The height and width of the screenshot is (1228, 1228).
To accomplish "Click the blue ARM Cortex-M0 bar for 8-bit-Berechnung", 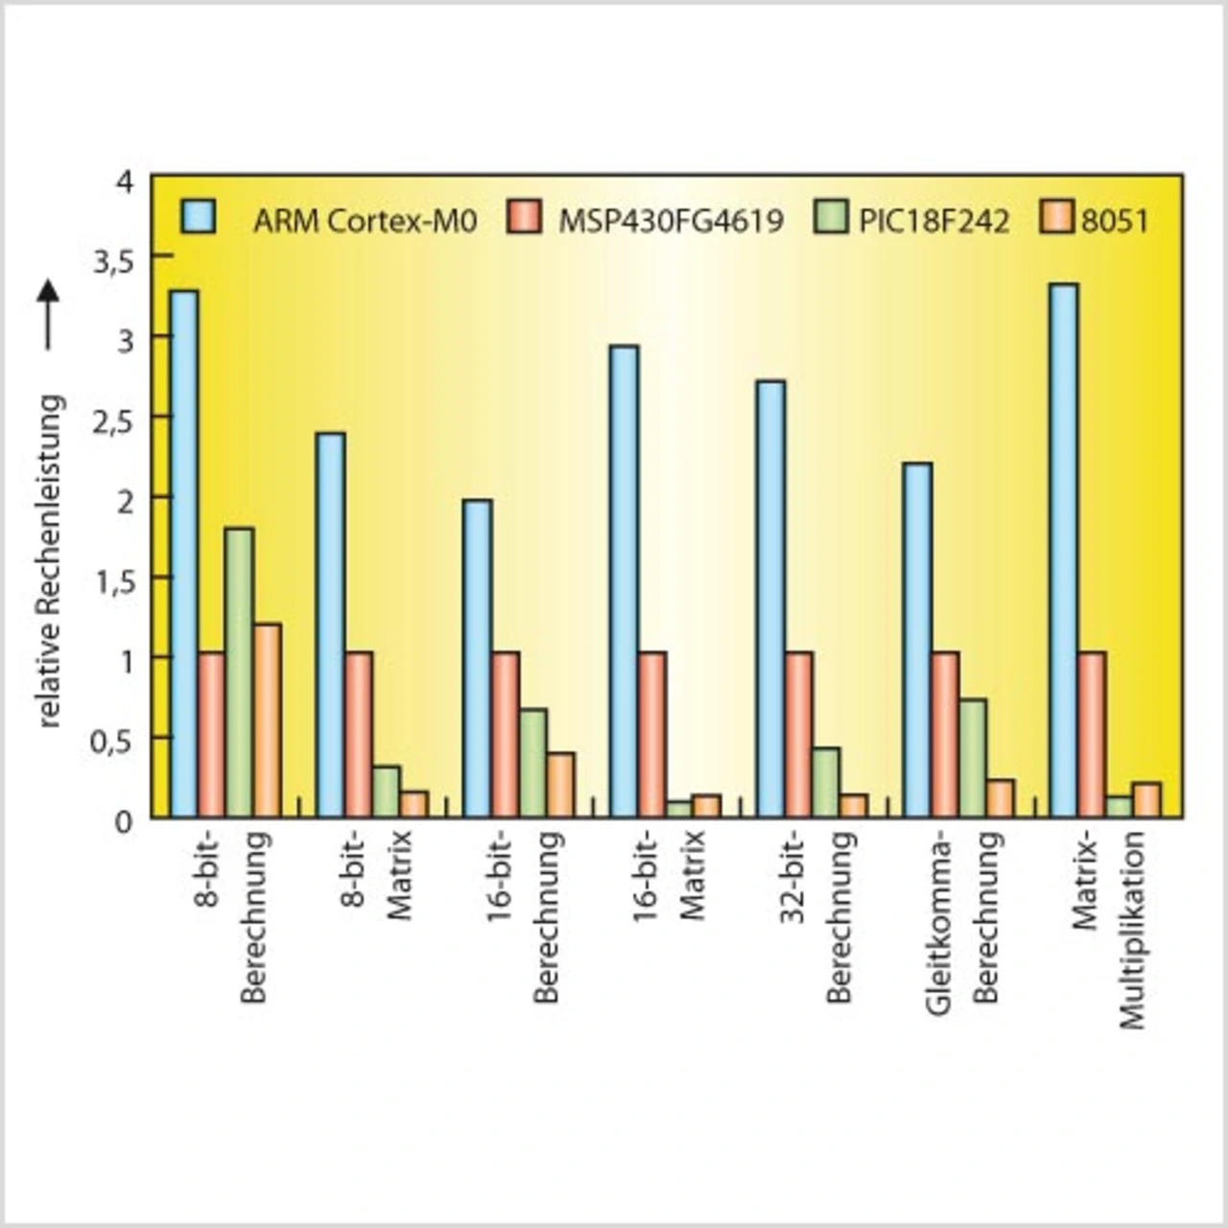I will [x=184, y=554].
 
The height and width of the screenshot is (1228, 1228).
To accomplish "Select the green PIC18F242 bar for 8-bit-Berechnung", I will [x=239, y=673].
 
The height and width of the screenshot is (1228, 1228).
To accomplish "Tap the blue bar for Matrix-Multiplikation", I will [x=1063, y=551].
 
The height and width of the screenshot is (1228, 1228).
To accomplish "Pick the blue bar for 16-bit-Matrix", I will [x=624, y=581].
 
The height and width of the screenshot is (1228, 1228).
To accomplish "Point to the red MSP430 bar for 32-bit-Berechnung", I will [x=798, y=735].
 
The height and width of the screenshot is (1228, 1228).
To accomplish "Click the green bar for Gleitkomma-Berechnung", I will [x=973, y=758].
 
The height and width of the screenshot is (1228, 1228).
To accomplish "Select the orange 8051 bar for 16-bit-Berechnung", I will [x=561, y=785].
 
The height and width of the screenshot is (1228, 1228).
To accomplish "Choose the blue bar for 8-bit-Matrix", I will [x=331, y=626].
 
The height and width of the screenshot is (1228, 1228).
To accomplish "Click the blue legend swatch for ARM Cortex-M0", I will [x=198, y=218].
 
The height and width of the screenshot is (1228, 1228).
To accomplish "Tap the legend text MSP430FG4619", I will [x=671, y=222].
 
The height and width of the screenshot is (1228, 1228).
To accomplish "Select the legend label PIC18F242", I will [x=933, y=222].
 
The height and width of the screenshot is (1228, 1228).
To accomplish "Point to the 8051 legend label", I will [x=1114, y=222].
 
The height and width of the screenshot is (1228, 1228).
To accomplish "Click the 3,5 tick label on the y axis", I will [x=113, y=260].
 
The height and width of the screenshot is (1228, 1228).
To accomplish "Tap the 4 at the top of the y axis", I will [x=126, y=180].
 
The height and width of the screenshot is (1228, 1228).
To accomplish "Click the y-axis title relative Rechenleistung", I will [x=50, y=561].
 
